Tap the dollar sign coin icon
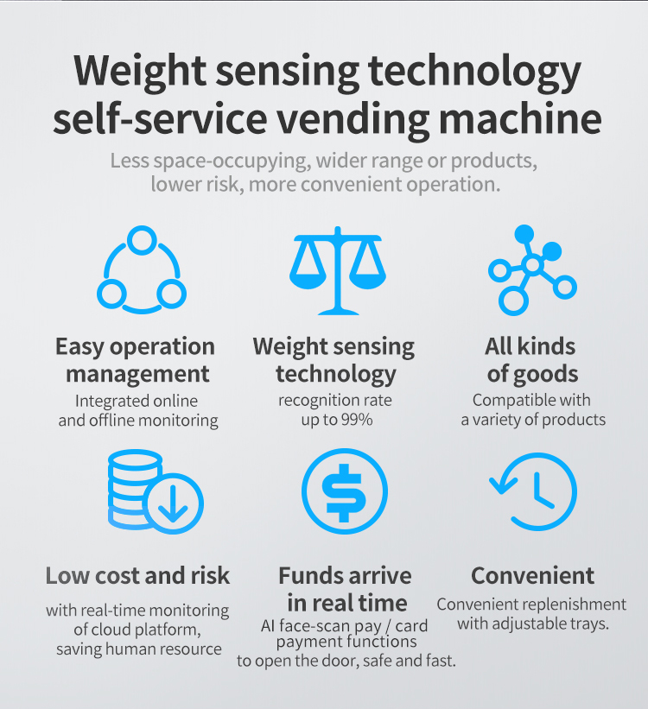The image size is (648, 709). pyautogui.click(x=344, y=491)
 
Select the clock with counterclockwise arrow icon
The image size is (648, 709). pyautogui.click(x=532, y=491)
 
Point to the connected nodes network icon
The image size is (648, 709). pyautogui.click(x=531, y=269)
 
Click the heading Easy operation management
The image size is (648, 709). pyautogui.click(x=136, y=360)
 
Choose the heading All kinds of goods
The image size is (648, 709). pyautogui.click(x=531, y=360)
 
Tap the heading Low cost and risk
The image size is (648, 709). pyautogui.click(x=138, y=576)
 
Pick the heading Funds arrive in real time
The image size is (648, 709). pyautogui.click(x=345, y=589)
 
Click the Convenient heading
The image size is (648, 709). pyautogui.click(x=532, y=576)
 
